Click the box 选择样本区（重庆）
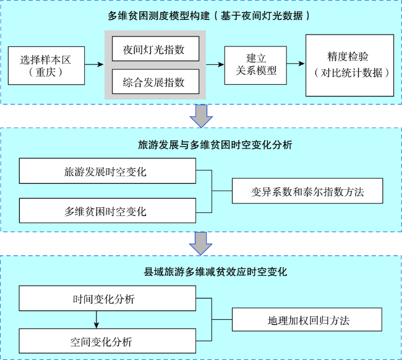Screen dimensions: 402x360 pyautogui.click(x=46, y=66)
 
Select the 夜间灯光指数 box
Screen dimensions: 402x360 pyautogui.click(x=156, y=49)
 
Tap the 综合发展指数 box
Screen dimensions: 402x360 pyautogui.click(x=156, y=82)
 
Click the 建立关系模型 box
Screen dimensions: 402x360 pyautogui.click(x=255, y=66)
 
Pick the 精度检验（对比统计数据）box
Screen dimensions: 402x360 pyautogui.click(x=349, y=66)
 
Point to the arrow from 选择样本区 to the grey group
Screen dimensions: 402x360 pyautogui.click(x=94, y=64)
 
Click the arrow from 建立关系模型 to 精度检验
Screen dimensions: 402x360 pyautogui.click(x=296, y=63)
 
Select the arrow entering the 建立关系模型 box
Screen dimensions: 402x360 pyautogui.click(x=215, y=64)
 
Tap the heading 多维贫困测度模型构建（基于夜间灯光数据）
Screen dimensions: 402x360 pyautogui.click(x=208, y=16)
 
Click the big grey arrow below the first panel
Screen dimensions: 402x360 pyautogui.click(x=201, y=116)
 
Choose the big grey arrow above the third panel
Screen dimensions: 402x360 pyautogui.click(x=201, y=244)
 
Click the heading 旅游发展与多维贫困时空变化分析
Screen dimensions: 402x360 pyautogui.click(x=215, y=145)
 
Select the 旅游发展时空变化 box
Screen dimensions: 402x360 pyautogui.click(x=108, y=171)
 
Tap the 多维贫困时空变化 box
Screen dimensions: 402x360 pyautogui.click(x=108, y=210)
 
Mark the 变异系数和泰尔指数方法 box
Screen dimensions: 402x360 pyautogui.click(x=307, y=191)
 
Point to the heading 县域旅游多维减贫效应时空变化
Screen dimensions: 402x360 pyautogui.click(x=215, y=272)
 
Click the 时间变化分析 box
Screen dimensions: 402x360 pyautogui.click(x=108, y=298)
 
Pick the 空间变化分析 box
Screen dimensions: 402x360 pyautogui.click(x=108, y=341)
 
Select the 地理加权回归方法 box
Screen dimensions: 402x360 pyautogui.click(x=307, y=320)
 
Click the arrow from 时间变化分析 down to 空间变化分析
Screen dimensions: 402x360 pyautogui.click(x=96, y=320)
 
